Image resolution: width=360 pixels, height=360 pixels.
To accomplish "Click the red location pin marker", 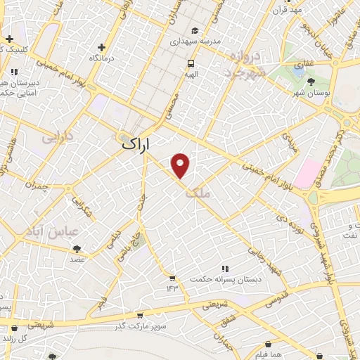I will click(x=181, y=165).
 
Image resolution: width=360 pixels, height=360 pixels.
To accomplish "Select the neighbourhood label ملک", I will click(x=199, y=188).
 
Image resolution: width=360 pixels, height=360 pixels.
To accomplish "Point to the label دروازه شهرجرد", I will click(x=243, y=65).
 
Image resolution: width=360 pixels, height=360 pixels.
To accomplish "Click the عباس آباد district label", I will click(x=60, y=231).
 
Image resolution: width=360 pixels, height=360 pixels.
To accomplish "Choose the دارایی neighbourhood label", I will click(x=58, y=139).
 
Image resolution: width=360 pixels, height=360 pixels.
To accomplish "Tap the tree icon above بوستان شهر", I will click(x=311, y=82).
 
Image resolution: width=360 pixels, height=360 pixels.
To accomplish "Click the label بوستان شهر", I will click(x=311, y=92).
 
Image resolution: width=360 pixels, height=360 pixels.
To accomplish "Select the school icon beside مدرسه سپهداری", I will click(x=195, y=30).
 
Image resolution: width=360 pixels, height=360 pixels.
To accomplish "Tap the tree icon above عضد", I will click(x=77, y=248).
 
